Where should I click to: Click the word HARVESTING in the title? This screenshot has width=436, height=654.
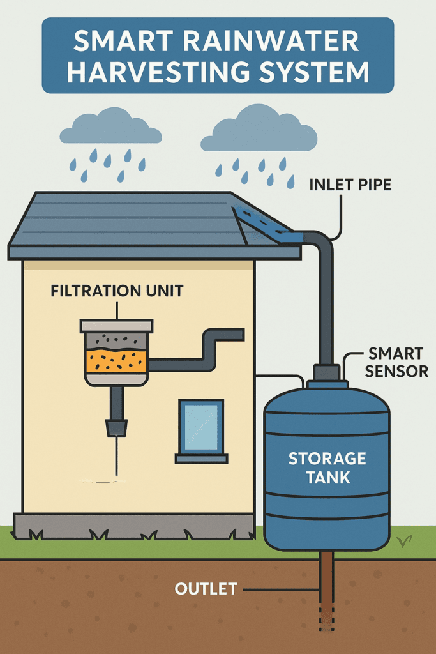[x=163, y=72]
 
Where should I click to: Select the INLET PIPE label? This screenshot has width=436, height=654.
[x=350, y=185]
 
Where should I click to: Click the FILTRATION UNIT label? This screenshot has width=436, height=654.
[x=117, y=291]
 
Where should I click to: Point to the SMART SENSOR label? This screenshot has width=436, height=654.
[x=396, y=361]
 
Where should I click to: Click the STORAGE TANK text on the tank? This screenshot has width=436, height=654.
[x=327, y=468]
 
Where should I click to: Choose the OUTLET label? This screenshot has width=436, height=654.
[x=206, y=588]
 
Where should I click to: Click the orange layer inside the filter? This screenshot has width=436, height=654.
[x=116, y=361]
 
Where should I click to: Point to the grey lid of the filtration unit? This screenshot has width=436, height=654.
[x=116, y=326]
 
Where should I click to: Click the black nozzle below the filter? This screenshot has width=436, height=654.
[x=116, y=427]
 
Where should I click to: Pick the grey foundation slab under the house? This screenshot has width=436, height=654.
[x=134, y=526]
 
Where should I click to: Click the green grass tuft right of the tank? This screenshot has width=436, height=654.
[x=403, y=542]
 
